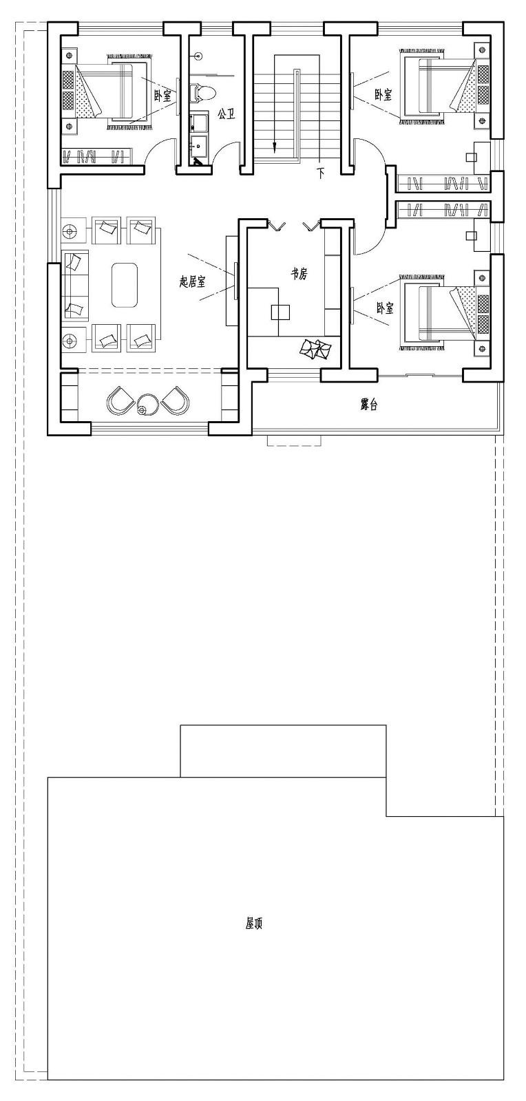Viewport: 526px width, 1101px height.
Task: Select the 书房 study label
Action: click(x=298, y=274)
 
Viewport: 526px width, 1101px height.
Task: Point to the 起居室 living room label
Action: click(x=192, y=281)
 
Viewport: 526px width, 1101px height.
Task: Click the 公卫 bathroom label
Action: click(x=226, y=115)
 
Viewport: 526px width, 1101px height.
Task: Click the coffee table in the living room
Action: click(x=125, y=285)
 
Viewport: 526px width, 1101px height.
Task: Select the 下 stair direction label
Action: click(x=321, y=173)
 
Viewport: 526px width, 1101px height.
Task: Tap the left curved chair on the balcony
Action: click(x=120, y=400)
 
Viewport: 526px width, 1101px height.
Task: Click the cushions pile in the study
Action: click(x=315, y=349)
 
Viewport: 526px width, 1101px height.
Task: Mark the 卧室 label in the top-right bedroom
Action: click(x=383, y=95)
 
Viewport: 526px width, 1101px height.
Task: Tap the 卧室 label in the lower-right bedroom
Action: click(x=385, y=308)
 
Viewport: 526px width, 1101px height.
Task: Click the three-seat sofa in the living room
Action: click(x=75, y=285)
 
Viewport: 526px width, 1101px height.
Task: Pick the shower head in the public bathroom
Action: click(x=198, y=55)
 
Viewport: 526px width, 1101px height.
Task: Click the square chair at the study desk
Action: click(x=280, y=312)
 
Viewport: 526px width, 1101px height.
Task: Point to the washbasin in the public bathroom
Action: click(x=200, y=145)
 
